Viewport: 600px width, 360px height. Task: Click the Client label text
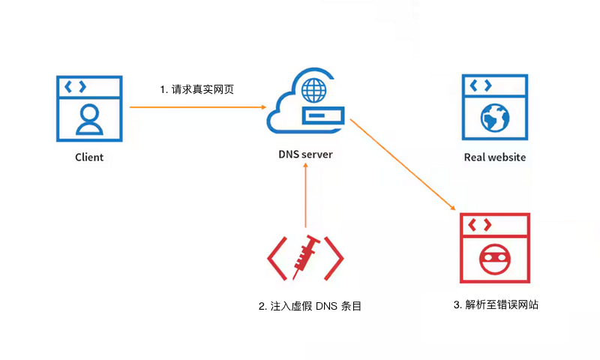coord(89,157)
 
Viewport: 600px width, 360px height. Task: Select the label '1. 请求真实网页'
coord(196,89)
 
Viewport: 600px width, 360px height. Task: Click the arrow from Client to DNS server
coord(198,107)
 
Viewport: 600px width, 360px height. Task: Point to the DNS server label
coord(305,154)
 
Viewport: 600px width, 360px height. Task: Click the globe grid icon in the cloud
coord(314,90)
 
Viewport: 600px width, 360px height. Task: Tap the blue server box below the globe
coord(323,115)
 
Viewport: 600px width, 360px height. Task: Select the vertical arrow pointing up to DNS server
coord(305,195)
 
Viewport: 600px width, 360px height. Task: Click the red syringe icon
coord(306,257)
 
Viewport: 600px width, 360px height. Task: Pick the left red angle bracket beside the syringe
coord(277,259)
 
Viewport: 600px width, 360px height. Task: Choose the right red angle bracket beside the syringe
coord(334,259)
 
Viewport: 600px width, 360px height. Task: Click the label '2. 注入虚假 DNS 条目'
coord(310,306)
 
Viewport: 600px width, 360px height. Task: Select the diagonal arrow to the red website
coord(403,164)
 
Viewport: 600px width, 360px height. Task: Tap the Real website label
coord(495,157)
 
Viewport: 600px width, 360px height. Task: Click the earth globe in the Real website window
coord(495,118)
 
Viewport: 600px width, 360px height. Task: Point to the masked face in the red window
coord(495,259)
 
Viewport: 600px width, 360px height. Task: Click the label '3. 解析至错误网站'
coord(496,305)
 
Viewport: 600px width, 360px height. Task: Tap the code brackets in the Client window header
coord(76,87)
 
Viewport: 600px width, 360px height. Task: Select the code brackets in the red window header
coord(480,224)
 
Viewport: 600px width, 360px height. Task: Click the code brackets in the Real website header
coord(481,85)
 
